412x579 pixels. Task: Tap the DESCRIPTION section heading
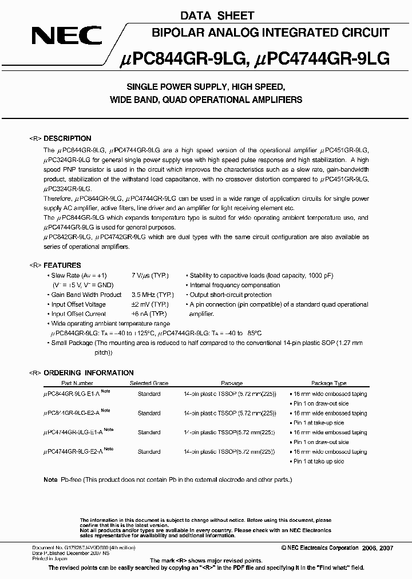coord(68,138)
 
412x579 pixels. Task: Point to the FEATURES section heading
coord(63,265)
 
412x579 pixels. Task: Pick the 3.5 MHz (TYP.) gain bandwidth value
coord(152,295)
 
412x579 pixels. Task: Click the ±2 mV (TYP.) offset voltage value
coord(150,304)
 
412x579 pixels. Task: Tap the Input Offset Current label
coord(78,314)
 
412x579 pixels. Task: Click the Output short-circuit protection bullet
coord(231,295)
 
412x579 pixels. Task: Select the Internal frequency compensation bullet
coord(235,285)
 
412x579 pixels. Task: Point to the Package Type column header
coord(328,383)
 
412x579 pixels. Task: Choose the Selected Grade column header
coord(149,383)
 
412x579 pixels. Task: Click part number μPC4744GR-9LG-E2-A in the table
coord(75,452)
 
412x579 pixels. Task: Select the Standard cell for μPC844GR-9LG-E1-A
coord(149,394)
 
